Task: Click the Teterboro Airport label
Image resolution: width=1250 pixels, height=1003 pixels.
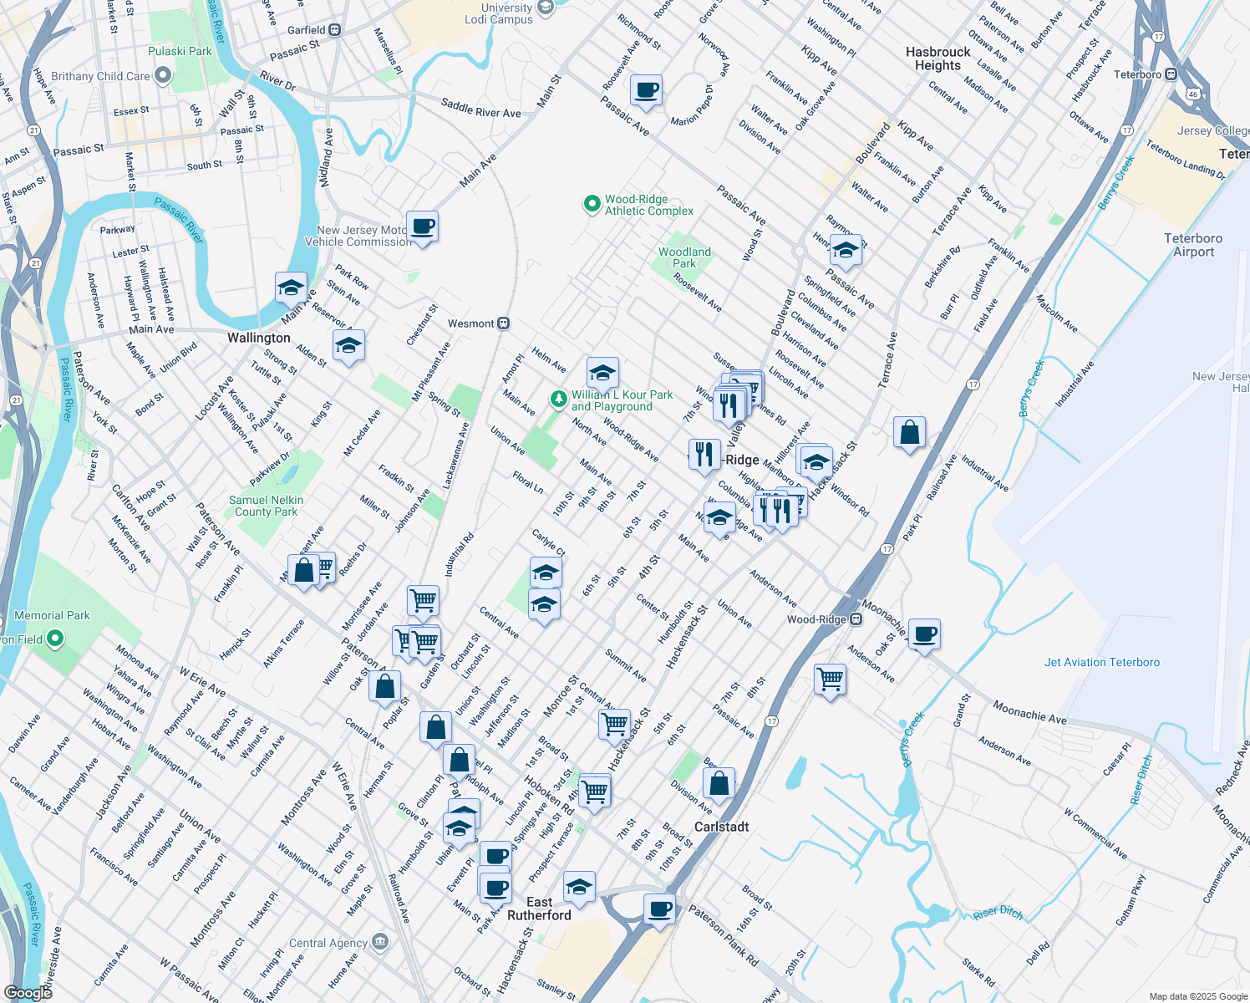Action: coord(1192,245)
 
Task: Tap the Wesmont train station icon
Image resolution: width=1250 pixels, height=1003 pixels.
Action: coord(504,323)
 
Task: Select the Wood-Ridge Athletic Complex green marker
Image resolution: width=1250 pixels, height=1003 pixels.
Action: coord(592,204)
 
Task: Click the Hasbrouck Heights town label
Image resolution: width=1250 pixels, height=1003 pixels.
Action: coord(937,59)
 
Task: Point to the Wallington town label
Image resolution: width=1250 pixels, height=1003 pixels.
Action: coord(259,338)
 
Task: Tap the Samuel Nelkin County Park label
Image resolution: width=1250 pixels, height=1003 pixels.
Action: coord(266,506)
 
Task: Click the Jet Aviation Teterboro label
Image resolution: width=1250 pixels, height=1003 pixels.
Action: coord(1101,662)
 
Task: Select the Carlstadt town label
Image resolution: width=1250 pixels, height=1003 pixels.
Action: coord(721,827)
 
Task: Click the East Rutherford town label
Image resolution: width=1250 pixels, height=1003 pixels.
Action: coord(539,909)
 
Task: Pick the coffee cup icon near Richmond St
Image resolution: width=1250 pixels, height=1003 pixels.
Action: coord(646,90)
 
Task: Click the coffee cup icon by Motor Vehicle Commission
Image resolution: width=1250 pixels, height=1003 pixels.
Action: coord(423,226)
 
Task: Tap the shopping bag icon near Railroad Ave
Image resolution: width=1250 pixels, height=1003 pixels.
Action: coord(909,432)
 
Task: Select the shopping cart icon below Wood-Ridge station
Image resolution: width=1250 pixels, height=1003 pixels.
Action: coord(830,680)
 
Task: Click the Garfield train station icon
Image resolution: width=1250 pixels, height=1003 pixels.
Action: coord(334,30)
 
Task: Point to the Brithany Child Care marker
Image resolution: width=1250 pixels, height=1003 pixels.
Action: coord(162,76)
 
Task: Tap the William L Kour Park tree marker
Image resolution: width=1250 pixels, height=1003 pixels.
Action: coord(558,400)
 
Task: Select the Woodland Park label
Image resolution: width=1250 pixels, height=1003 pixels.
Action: coord(684,257)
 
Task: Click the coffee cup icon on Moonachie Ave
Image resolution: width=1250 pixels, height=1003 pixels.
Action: coord(924,634)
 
